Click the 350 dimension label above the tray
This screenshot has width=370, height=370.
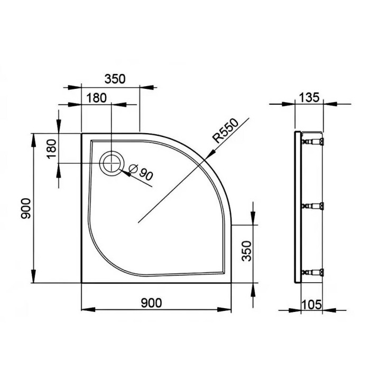115,79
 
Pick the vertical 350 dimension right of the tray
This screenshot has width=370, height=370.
244,252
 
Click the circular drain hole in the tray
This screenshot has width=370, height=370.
112,163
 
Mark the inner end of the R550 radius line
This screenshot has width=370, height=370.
138,223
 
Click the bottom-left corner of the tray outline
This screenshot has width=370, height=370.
81,282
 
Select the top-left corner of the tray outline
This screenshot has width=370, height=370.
81,133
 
